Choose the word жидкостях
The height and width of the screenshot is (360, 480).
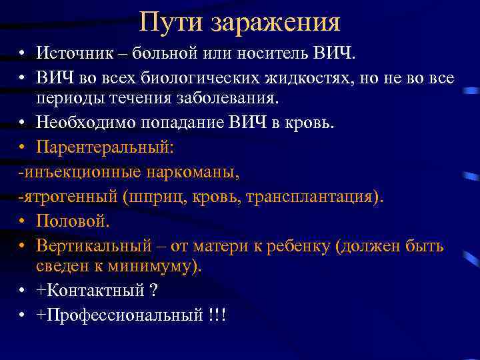(x=301, y=77)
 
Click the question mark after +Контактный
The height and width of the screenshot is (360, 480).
(x=153, y=291)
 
